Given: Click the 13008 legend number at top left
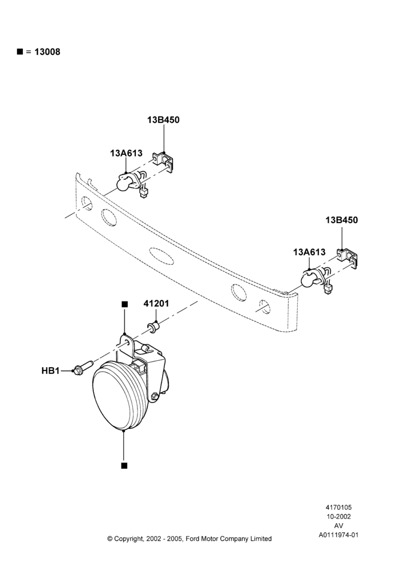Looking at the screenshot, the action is pyautogui.click(x=47, y=52).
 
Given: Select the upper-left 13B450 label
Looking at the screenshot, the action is pyautogui.click(x=163, y=120).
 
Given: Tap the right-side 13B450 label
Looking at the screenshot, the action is pyautogui.click(x=342, y=220).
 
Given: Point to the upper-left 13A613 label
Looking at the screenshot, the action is pyautogui.click(x=126, y=153).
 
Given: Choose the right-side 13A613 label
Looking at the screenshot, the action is pyautogui.click(x=309, y=252).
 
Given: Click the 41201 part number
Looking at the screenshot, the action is pyautogui.click(x=156, y=303).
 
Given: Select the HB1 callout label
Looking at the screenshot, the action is pyautogui.click(x=50, y=371).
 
